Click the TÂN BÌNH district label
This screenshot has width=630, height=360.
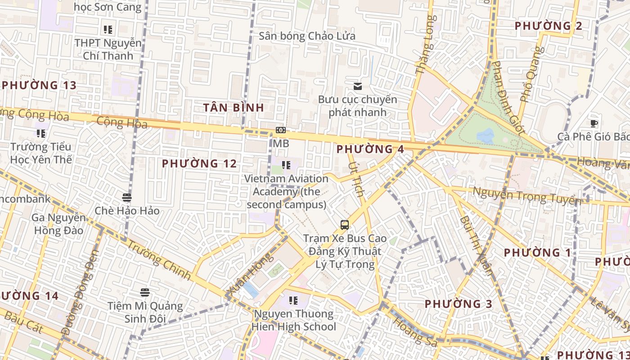233,108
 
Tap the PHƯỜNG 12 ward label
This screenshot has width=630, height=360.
199,163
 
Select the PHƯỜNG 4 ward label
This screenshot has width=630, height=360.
370,149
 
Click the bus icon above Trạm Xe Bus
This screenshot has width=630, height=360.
345,225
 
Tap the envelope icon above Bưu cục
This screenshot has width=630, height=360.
358,86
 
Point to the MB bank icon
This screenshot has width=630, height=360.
281,130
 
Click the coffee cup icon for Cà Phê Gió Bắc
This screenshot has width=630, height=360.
594,123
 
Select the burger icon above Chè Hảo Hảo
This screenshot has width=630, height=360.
127,197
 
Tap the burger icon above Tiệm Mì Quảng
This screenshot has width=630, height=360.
145,292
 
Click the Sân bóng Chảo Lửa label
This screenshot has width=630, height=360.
307,36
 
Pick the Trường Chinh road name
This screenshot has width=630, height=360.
159,260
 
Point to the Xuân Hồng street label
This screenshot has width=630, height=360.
251,275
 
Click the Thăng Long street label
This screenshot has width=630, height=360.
426,45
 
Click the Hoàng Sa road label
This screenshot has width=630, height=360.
414,332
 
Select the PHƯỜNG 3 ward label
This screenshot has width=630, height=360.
459,304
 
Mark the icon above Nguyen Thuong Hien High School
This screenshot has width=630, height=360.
293,300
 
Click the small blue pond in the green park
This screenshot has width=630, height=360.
486,135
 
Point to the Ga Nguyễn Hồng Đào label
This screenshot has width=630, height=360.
58,224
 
